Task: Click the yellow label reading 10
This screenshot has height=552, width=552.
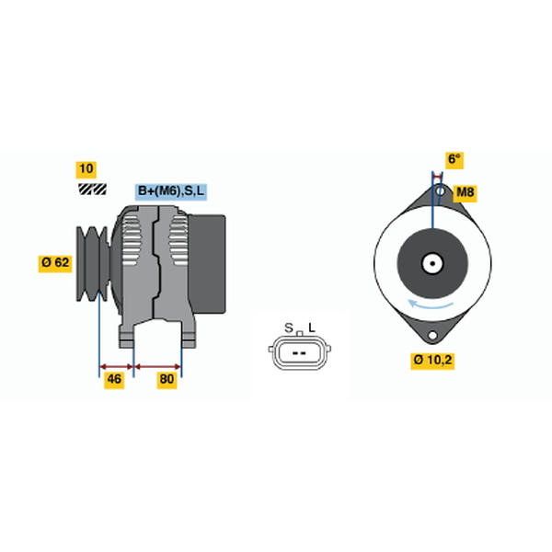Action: [x=86, y=169]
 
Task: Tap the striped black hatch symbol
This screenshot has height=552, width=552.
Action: [x=92, y=189]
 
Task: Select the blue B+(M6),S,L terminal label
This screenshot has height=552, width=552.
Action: [x=171, y=191]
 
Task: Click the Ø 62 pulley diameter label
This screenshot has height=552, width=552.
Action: [x=55, y=262]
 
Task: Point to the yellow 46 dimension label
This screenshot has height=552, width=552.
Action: [x=114, y=379]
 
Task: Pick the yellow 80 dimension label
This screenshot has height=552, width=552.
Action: [x=167, y=379]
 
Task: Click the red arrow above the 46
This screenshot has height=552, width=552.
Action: [x=117, y=367]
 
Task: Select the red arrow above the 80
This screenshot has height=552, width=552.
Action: [x=157, y=367]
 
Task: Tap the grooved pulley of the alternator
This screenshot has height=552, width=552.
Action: [x=92, y=264]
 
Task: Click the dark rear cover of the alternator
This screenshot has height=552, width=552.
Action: [x=207, y=264]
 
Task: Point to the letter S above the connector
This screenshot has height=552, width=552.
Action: [x=289, y=328]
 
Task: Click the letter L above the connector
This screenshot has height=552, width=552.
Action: [x=312, y=328]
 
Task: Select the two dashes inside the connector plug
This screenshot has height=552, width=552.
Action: [x=299, y=352]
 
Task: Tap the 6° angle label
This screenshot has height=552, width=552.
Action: [x=454, y=159]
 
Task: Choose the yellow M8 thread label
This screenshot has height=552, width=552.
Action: [x=465, y=192]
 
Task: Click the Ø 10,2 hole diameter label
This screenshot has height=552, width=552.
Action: [x=432, y=360]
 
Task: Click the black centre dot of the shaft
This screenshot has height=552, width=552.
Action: [x=432, y=263]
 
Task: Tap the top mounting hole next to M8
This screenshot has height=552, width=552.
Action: [x=441, y=191]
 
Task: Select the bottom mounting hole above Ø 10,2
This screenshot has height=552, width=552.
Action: [x=432, y=335]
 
